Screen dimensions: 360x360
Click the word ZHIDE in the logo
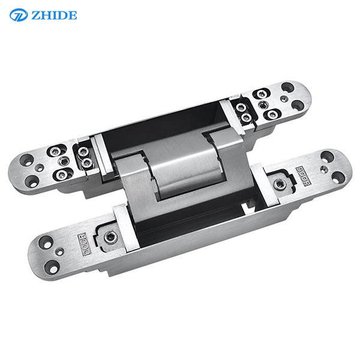(54, 16)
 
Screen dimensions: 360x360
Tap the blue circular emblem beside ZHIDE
(19, 15)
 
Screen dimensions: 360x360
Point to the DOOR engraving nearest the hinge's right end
(303, 176)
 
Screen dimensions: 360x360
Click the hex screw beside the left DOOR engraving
(110, 238)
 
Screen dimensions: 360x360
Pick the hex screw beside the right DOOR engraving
(280, 184)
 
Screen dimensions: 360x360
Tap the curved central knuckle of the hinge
(184, 166)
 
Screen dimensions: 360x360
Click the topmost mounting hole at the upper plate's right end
(287, 87)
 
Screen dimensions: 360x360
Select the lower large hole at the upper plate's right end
(298, 106)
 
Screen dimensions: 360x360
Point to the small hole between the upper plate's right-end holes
(284, 99)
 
